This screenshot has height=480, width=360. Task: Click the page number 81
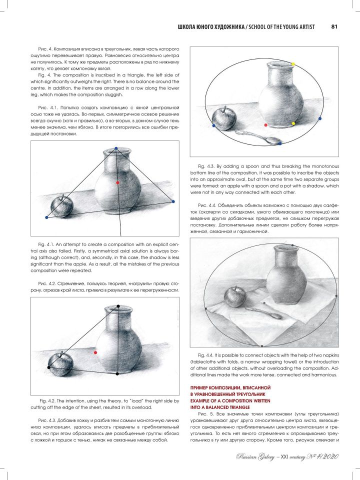click(x=334, y=26)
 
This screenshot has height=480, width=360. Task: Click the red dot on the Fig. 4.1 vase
click(x=117, y=182)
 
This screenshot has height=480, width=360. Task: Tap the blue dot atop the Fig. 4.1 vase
click(x=116, y=148)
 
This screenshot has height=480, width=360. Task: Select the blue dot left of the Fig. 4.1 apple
click(x=46, y=217)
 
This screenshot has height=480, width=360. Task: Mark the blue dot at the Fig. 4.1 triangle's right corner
click(x=173, y=201)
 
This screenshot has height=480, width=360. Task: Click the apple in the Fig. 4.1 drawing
click(x=62, y=206)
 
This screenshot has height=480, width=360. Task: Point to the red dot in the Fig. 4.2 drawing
click(x=96, y=352)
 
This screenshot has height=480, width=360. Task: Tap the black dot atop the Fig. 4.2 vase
click(x=118, y=306)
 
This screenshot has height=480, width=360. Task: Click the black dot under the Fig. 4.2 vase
click(x=117, y=373)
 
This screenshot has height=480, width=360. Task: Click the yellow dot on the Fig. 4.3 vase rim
click(x=293, y=64)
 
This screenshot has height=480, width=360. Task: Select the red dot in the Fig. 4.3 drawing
click(x=265, y=125)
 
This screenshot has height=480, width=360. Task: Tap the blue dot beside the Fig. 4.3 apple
click(x=213, y=125)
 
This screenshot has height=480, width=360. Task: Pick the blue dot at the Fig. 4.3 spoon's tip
click(x=280, y=143)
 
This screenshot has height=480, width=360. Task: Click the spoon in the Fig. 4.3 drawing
click(x=258, y=137)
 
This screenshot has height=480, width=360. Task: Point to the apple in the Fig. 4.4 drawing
click(x=235, y=296)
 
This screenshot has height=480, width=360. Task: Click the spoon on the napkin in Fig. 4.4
click(x=263, y=313)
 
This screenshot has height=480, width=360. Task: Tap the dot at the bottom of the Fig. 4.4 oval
click(x=262, y=346)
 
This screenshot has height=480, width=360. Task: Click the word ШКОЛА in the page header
click(x=186, y=27)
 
